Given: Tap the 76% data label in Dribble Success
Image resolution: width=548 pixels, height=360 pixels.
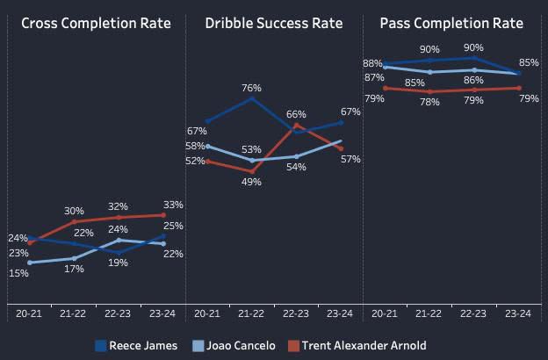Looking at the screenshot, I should click(252, 87).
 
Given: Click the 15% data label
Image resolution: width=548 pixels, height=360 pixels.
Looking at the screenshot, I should click(19, 273).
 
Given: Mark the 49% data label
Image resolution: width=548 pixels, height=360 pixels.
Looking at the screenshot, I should click(252, 182).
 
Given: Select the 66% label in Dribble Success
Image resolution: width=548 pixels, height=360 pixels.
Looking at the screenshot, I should click(296, 114).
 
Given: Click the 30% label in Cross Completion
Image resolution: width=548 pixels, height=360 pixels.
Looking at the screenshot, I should click(74, 211).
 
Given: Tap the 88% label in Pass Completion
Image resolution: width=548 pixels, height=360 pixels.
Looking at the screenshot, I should click(371, 63).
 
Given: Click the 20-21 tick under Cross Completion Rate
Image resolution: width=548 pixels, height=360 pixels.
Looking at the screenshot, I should click(29, 313).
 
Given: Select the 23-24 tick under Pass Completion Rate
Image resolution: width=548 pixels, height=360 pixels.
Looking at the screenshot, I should click(519, 313).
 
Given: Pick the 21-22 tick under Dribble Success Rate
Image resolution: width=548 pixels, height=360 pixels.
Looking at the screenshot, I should click(252, 313).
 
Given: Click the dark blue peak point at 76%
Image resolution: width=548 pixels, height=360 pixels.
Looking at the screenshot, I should click(252, 98).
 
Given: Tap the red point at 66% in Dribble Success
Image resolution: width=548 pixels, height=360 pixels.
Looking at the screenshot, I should click(296, 125).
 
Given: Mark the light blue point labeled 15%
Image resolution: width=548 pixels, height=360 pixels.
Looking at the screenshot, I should click(29, 263).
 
